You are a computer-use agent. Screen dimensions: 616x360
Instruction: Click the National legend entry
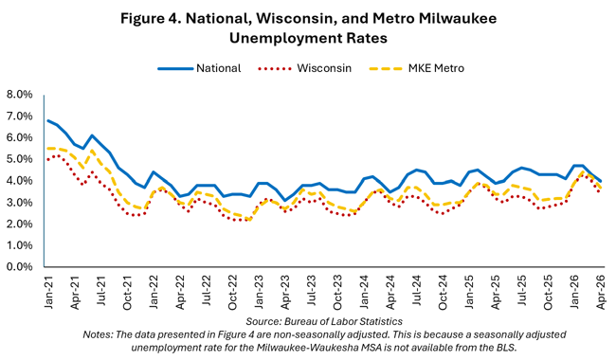pos(199,68)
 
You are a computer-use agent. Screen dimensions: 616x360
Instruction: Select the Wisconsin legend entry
pos(304,68)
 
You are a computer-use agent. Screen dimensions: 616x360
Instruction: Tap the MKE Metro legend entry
pos(416,68)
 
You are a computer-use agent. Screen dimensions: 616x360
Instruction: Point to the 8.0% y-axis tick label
pos(19,95)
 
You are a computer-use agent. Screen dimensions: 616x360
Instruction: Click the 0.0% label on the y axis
pos(19,267)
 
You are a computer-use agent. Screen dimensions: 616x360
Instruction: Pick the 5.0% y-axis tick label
pos(19,159)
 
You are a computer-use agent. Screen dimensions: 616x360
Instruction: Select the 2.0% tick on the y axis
pos(19,224)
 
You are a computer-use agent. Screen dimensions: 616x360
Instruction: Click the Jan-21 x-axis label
pos(48,292)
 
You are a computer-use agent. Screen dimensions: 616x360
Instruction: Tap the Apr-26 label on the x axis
pos(601,292)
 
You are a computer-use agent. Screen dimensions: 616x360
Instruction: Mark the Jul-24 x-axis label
pos(417,291)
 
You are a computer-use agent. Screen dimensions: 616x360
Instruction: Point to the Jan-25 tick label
pos(470,292)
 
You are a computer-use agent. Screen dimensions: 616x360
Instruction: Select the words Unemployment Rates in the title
pos(308,38)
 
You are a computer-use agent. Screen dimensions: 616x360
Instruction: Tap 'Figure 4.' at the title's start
pos(150,18)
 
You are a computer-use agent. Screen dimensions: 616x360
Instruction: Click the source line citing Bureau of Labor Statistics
pos(324,321)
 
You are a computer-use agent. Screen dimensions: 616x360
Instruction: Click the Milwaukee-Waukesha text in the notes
pos(298,348)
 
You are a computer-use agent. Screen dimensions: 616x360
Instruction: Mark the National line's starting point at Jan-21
pos(47,120)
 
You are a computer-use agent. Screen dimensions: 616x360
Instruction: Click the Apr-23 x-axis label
pos(285,292)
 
